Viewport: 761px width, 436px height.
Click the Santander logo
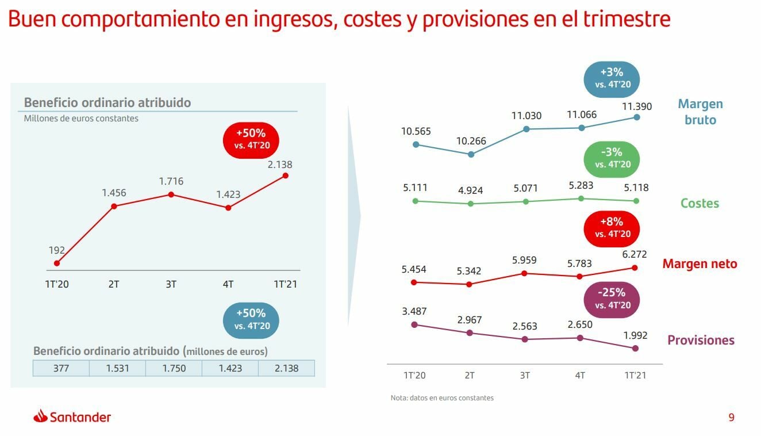[72, 417]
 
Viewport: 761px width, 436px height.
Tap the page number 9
[731, 418]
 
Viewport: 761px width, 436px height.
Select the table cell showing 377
[61, 368]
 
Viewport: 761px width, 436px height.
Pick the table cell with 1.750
[174, 368]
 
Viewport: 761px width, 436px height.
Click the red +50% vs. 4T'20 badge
[252, 139]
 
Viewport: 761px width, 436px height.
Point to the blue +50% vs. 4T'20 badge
[251, 320]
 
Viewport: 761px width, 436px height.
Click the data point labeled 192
[57, 263]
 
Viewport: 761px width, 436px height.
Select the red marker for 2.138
[286, 175]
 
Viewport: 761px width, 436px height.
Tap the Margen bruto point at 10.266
[471, 154]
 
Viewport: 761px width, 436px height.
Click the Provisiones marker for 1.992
[635, 349]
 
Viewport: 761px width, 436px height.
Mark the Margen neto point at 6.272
[635, 267]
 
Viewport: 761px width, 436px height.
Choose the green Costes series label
[699, 203]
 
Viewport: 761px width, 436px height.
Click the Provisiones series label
[701, 340]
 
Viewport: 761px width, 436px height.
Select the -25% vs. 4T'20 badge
[612, 298]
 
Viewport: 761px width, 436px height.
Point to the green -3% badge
[612, 158]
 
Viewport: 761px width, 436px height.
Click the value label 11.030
[526, 116]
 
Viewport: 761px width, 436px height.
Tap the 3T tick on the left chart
[171, 284]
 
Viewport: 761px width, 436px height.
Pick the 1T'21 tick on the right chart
[635, 376]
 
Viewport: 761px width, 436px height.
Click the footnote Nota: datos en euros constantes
[442, 397]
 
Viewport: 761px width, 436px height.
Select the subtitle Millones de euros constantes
[81, 118]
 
